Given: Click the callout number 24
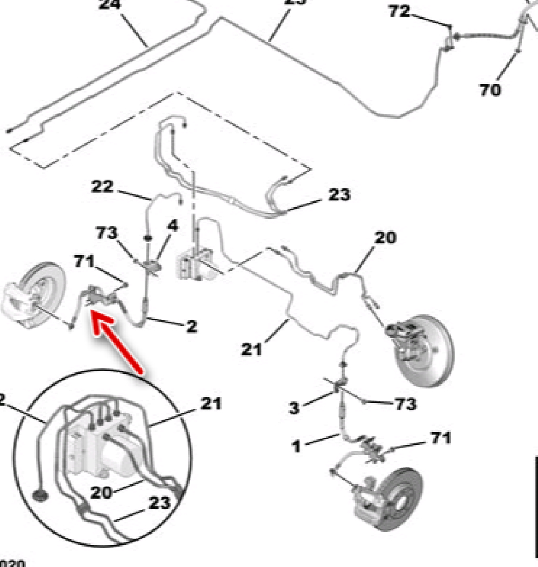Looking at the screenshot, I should point(111,5).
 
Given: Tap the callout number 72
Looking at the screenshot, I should point(399,11).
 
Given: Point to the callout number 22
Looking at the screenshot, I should point(102,187).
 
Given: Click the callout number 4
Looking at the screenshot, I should point(172,225).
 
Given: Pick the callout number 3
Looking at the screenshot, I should point(294,408).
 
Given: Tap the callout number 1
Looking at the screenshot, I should point(296,446).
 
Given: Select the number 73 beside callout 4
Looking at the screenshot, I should point(107,233).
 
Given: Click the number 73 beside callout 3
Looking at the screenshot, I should point(405,404).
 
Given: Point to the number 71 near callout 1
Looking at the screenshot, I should point(440,439).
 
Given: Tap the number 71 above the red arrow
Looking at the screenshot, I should point(84,262).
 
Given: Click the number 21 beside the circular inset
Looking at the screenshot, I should point(210,403).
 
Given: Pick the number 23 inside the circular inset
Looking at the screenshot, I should point(159,503).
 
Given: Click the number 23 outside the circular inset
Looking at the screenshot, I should point(338,194).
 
